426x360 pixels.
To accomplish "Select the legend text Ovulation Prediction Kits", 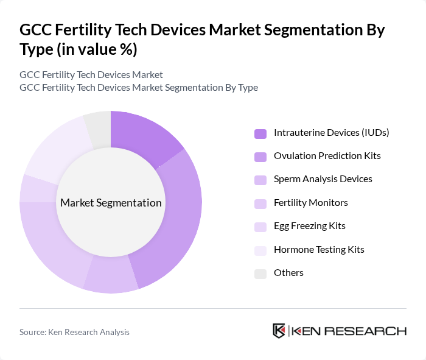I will point(327,155).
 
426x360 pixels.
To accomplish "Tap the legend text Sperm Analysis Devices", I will point(323,178).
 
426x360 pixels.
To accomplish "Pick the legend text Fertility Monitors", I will point(310,202).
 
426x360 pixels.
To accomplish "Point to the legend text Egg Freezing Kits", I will point(309,225).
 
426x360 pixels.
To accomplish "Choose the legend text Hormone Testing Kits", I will point(319,249).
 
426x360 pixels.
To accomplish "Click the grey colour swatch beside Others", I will point(260,273).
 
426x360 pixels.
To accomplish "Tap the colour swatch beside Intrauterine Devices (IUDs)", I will point(260,133).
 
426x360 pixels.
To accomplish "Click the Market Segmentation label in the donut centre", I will point(111,203).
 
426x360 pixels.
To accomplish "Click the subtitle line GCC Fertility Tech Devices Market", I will point(91,74).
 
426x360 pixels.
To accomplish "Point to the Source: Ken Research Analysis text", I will point(74,332).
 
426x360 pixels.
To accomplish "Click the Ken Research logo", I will point(339,331).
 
